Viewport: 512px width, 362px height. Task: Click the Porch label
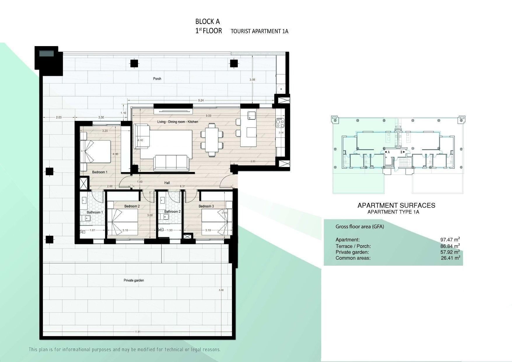157,79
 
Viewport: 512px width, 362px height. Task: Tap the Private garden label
134,280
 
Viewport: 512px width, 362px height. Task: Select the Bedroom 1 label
100,172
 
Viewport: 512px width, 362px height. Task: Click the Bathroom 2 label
172,211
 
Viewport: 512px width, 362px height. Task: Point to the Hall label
167,183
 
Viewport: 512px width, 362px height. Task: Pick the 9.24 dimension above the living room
201,100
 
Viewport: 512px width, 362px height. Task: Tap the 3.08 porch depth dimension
252,79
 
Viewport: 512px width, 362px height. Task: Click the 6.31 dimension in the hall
183,186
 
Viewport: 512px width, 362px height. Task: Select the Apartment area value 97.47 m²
450,240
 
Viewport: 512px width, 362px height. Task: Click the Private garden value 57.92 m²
450,252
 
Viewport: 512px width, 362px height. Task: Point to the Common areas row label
353,258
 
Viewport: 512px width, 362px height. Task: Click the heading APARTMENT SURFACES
396,206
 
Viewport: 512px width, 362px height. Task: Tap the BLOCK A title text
207,21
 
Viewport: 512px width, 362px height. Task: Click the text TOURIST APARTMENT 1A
259,31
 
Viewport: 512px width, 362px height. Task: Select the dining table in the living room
212,140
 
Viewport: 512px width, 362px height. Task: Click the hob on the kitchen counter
280,123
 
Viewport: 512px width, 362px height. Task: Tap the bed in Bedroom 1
96,151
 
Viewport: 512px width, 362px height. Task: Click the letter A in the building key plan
389,152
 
